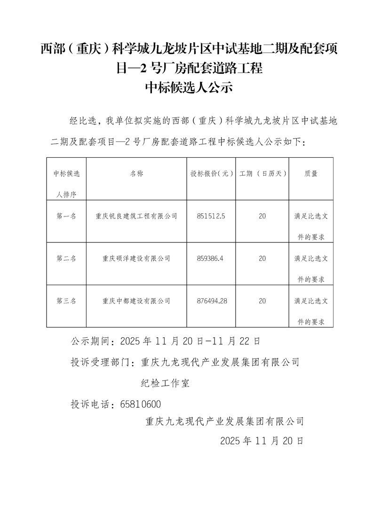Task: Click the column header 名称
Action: (136, 174)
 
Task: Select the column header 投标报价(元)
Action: (212, 174)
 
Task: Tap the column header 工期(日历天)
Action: (263, 174)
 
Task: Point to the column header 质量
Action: (310, 174)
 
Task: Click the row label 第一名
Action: (66, 216)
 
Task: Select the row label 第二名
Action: (66, 258)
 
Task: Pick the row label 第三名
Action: (66, 301)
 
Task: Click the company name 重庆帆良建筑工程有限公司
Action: (136, 216)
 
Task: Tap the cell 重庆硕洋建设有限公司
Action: (136, 258)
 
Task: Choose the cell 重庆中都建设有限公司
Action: (136, 301)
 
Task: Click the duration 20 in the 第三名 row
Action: (262, 301)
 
